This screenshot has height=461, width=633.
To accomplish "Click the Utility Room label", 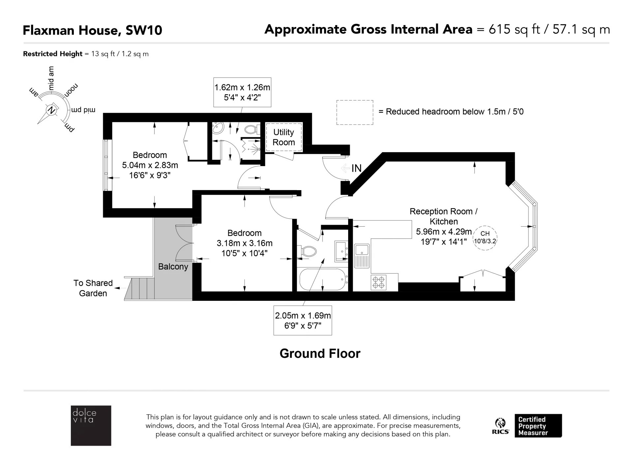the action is click(x=284, y=137).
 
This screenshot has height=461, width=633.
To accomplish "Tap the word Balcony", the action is click(x=173, y=267).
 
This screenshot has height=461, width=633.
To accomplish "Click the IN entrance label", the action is click(x=356, y=168).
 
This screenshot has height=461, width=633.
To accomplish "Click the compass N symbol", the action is click(x=51, y=110).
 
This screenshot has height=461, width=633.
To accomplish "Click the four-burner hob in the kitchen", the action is click(x=378, y=282).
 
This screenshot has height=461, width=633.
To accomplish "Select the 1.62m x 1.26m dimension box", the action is click(x=242, y=93).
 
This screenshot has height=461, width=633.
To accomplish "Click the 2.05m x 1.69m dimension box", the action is click(x=303, y=321).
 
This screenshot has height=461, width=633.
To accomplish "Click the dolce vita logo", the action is click(x=91, y=426).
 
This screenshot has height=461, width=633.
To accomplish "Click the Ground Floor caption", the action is click(x=320, y=354).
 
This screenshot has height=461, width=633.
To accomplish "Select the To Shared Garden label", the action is click(x=93, y=288).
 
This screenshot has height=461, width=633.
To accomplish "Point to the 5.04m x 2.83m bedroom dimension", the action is click(x=150, y=165).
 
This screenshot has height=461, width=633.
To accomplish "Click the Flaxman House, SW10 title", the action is click(x=92, y=30).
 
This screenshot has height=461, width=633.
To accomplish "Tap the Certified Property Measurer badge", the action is click(x=538, y=426).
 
